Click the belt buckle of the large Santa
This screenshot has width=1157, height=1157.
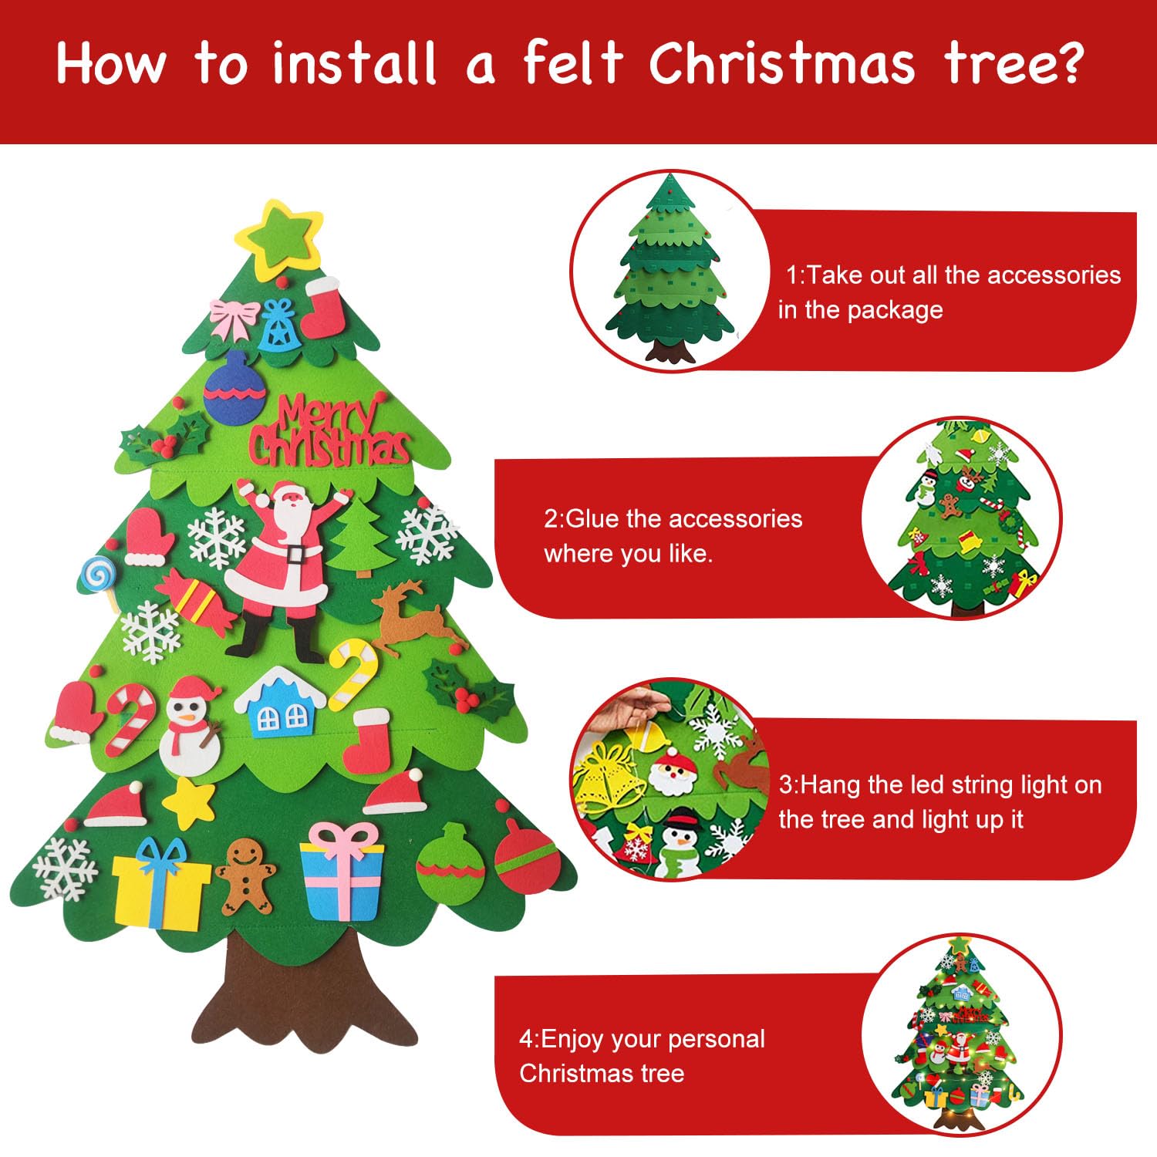[294, 553]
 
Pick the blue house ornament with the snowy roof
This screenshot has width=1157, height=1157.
[280, 703]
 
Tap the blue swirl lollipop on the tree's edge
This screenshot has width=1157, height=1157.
[99, 573]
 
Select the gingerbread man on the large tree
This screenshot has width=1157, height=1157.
[245, 875]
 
